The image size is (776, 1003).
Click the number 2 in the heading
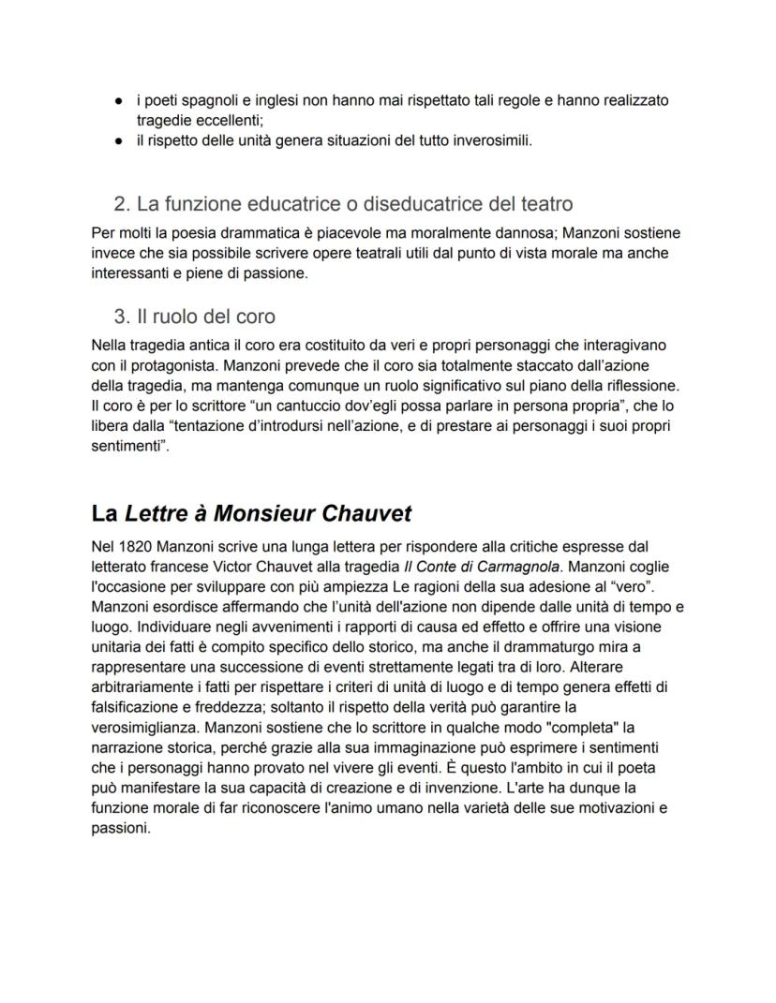(x=119, y=203)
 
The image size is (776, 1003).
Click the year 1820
(x=137, y=546)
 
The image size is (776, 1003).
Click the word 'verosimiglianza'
(x=144, y=727)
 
